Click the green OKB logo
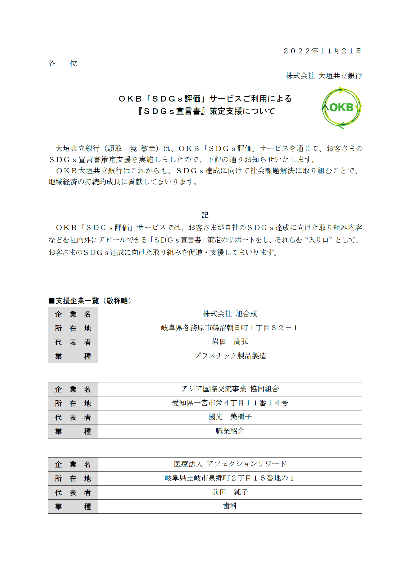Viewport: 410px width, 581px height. (341, 108)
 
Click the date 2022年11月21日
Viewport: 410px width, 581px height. (322, 51)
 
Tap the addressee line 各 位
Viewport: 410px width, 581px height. (63, 63)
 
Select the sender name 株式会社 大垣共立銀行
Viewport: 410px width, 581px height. (324, 76)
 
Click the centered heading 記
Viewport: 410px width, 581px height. (205, 215)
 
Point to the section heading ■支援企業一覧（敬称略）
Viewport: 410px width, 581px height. (90, 301)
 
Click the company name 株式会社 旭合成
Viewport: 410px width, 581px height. (230, 314)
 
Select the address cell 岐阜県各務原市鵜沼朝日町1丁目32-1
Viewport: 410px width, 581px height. (230, 328)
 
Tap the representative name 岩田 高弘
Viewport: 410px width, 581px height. (230, 342)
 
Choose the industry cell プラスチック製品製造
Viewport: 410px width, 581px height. (230, 356)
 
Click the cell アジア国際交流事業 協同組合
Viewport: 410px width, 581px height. (230, 389)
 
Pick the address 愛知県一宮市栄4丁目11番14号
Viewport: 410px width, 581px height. (230, 403)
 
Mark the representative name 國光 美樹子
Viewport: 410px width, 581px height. (230, 417)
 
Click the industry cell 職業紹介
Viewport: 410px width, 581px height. (230, 431)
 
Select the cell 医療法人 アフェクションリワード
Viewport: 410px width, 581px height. (230, 464)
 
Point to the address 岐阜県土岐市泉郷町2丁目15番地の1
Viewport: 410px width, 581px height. (230, 478)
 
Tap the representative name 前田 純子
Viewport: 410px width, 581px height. (230, 492)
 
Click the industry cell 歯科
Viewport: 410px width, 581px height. (230, 506)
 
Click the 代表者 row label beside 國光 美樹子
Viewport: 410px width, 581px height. (73, 417)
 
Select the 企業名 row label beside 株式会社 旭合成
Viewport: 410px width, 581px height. (73, 314)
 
